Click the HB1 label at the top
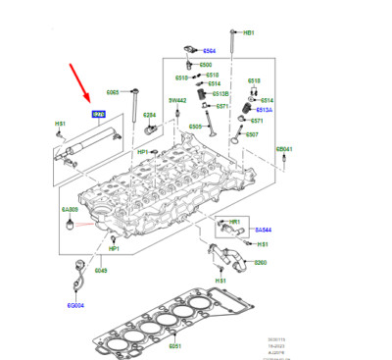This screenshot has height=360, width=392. [248, 32]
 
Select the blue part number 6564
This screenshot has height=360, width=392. [208, 51]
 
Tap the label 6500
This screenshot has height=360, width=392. [206, 65]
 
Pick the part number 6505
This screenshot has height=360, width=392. [195, 127]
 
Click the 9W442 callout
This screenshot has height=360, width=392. [176, 99]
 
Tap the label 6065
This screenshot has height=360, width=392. [113, 92]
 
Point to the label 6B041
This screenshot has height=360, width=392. [284, 148]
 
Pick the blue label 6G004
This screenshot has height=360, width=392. [74, 305]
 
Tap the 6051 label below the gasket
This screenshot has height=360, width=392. [173, 345]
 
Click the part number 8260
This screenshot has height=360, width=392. [260, 263]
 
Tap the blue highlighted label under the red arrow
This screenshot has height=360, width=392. [98, 115]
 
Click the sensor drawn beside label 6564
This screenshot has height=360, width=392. [185, 49]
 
